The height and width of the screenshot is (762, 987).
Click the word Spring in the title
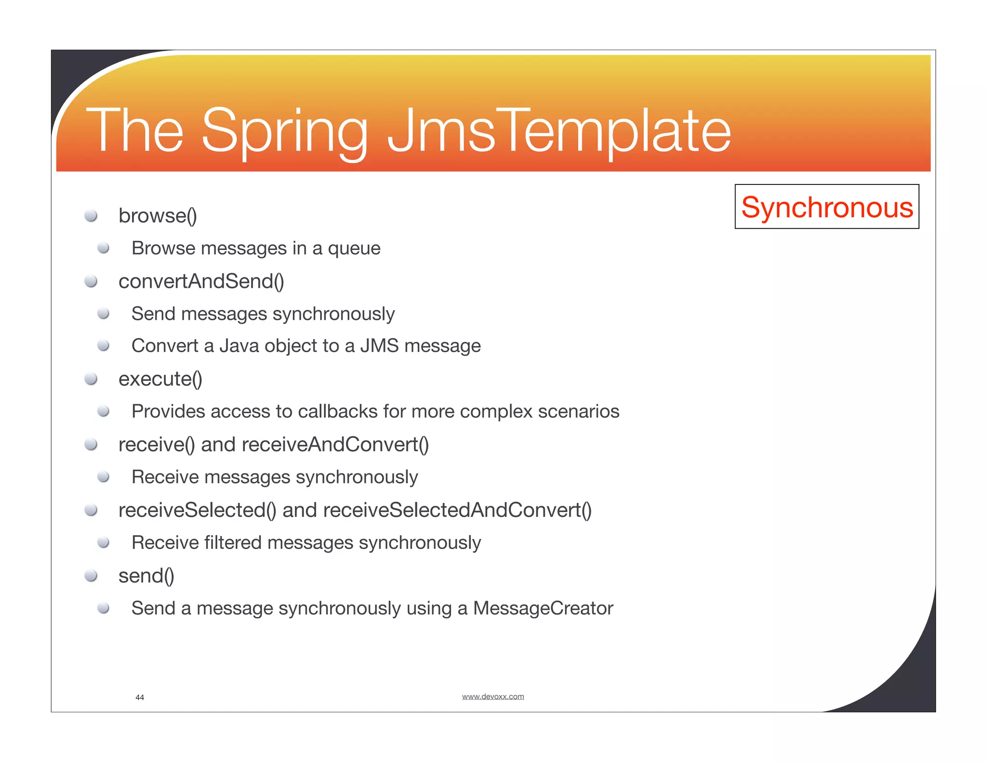[285, 131]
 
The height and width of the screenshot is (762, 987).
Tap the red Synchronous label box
[827, 207]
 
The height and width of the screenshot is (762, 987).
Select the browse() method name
[158, 215]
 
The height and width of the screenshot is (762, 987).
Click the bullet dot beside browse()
[91, 215]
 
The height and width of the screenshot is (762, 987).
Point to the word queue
[354, 249]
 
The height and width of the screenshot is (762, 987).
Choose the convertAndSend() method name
[201, 281]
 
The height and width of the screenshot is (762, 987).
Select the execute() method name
[160, 379]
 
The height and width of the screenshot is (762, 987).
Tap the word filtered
[233, 543]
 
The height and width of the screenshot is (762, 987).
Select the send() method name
[146, 576]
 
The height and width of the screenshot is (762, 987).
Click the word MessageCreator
[543, 608]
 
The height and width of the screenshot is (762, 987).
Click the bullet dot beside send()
[91, 576]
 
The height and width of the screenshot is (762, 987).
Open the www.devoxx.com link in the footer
[493, 696]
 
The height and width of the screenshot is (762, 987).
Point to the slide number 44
[140, 697]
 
